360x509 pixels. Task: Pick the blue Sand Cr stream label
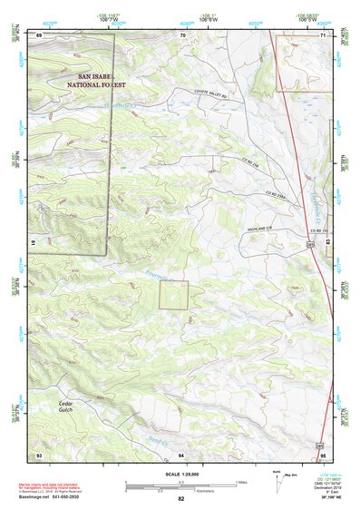coord(159,441)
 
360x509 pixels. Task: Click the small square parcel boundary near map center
coord(174,295)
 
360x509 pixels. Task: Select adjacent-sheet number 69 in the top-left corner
coord(40,34)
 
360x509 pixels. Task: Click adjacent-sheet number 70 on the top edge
coord(182,34)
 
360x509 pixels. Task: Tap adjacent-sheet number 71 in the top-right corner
coord(324,34)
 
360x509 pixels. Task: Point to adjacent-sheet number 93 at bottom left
coord(40,454)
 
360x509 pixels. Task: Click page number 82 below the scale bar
coord(181,498)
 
